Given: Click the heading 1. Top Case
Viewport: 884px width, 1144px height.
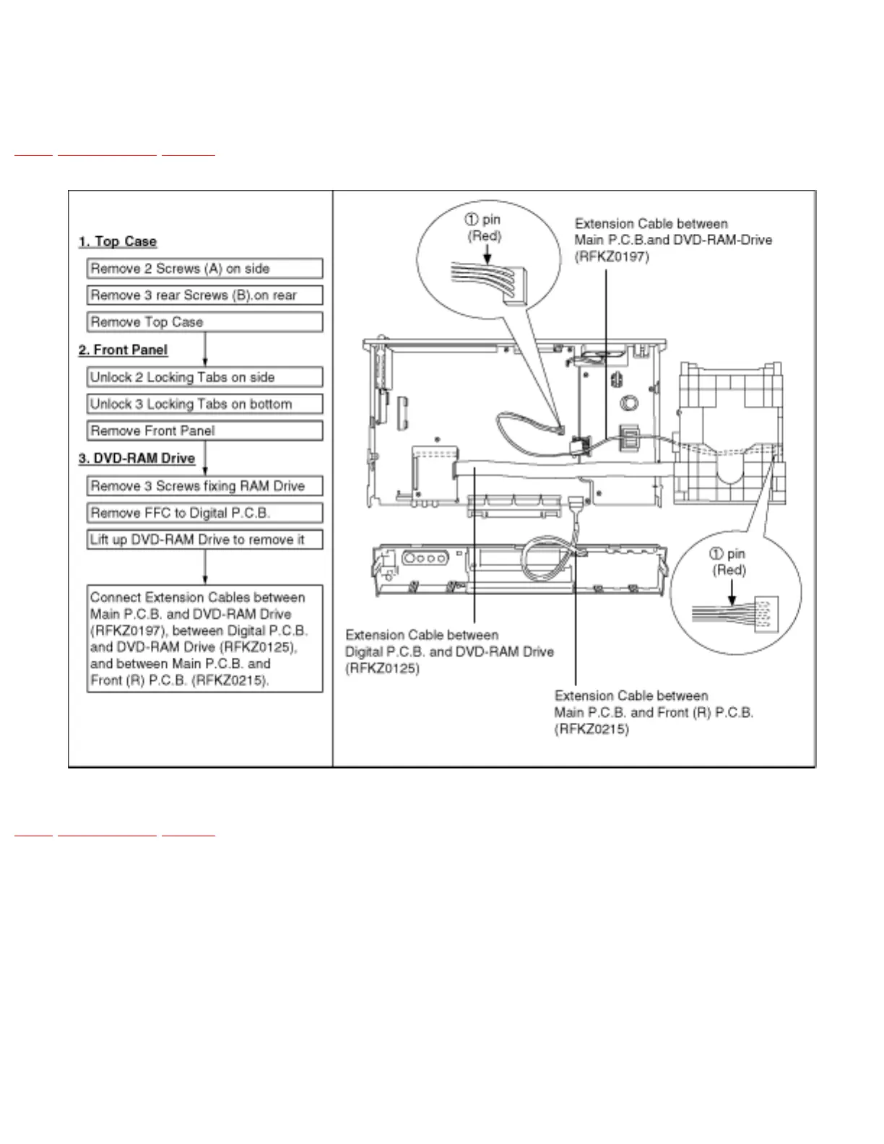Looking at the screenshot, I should pos(118,241).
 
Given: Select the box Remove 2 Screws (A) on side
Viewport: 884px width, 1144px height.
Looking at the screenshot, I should pos(204,269).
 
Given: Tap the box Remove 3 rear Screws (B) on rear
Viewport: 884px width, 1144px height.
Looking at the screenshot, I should pos(204,295).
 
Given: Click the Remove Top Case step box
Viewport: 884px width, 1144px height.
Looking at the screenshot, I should pos(204,322).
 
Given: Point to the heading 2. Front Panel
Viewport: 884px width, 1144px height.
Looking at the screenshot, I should pos(123,350).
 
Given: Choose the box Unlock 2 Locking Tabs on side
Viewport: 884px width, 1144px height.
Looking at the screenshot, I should pos(204,377).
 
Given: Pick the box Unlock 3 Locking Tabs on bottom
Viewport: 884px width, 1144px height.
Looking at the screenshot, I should pos(204,404).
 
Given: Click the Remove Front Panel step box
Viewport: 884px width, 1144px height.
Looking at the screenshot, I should pos(204,431).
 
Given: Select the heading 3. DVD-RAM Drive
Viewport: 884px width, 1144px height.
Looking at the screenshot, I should pos(136,459).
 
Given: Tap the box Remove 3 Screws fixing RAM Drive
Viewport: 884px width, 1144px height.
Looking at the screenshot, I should pos(204,486).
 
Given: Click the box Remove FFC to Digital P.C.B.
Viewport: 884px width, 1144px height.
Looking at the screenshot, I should pos(204,513).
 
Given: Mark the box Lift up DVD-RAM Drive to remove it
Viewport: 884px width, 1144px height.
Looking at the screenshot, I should pos(204,539).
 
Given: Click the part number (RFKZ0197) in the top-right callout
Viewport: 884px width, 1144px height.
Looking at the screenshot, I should pos(612,257).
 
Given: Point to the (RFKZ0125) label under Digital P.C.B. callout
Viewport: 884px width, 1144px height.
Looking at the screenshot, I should pos(382,669).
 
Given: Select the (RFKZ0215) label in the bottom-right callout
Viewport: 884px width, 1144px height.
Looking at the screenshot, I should pos(591,729).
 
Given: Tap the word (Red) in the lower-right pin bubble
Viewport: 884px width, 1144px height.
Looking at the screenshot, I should pos(729,571).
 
